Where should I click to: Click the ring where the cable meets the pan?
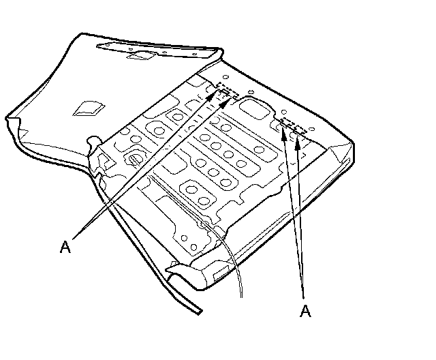pyautogui.click(x=204, y=223)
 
